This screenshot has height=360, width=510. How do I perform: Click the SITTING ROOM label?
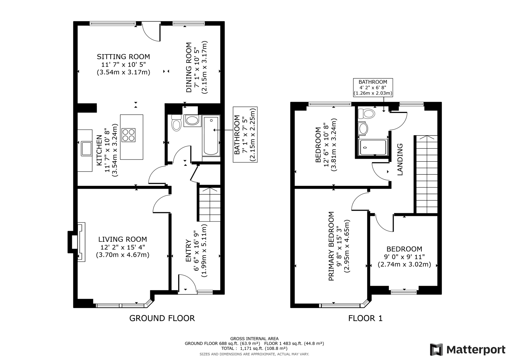point(123,57)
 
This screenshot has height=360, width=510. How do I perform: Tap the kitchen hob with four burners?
point(129,135)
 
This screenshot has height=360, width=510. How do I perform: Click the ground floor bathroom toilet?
point(176,123)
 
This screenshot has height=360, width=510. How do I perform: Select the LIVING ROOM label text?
point(123,240)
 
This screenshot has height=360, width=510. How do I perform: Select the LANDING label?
point(400,159)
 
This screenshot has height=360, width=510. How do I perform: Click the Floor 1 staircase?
point(426,174)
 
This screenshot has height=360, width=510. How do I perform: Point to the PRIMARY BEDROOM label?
point(331,246)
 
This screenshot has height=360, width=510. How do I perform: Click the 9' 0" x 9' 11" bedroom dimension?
point(404,257)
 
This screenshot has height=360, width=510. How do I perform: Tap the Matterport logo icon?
point(436,350)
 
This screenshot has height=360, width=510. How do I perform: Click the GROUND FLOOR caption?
point(162,318)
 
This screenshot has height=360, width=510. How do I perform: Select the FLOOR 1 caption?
point(365,318)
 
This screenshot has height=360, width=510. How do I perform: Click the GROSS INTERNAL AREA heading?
point(254,338)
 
